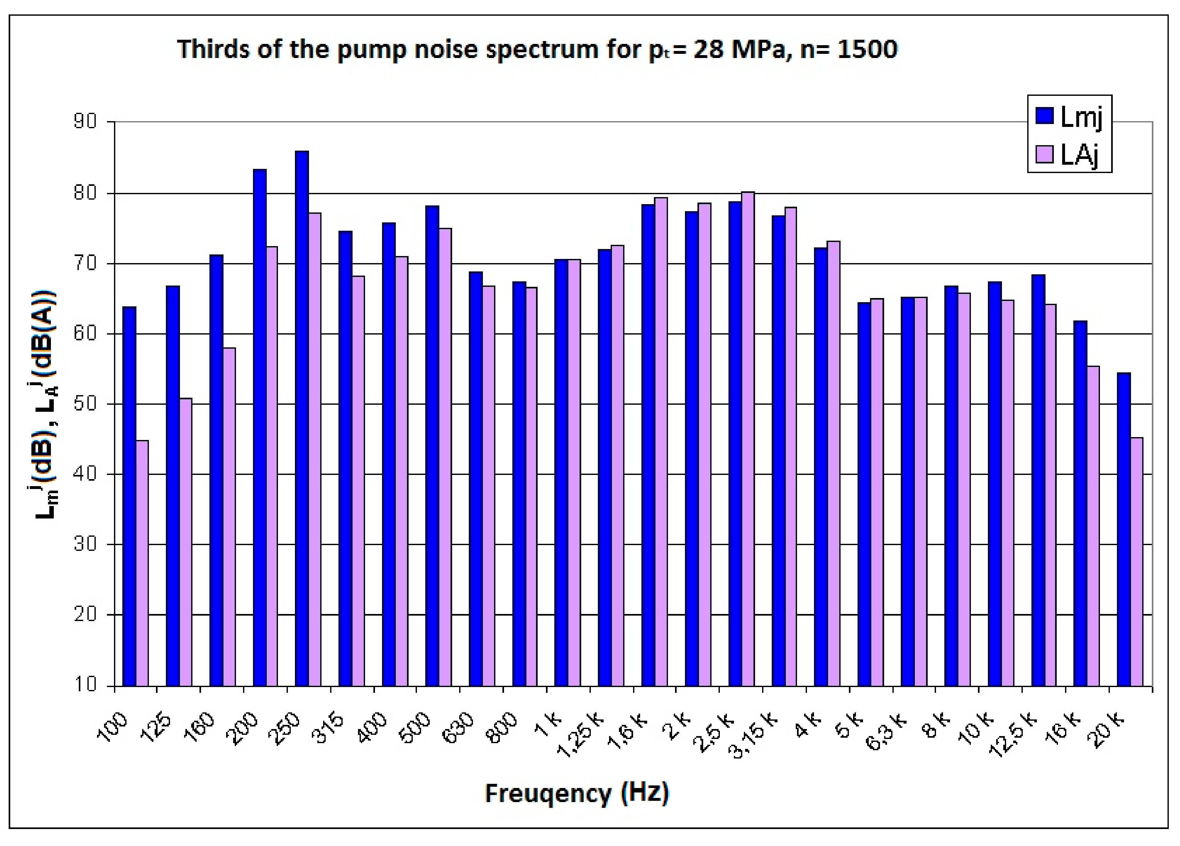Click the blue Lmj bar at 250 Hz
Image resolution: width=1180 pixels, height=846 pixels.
pos(302,417)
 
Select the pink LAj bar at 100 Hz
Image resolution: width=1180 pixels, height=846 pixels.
pos(142,562)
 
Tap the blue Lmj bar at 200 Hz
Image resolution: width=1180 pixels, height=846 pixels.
pos(260,427)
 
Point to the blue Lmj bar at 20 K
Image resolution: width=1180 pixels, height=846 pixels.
pos(1124,528)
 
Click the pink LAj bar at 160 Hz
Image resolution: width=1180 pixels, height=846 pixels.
pos(229,515)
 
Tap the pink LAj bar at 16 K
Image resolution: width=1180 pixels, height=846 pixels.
pos(1093,526)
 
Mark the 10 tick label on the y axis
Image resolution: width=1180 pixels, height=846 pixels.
pos(85,684)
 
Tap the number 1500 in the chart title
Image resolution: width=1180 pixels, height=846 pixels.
pos(867,49)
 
